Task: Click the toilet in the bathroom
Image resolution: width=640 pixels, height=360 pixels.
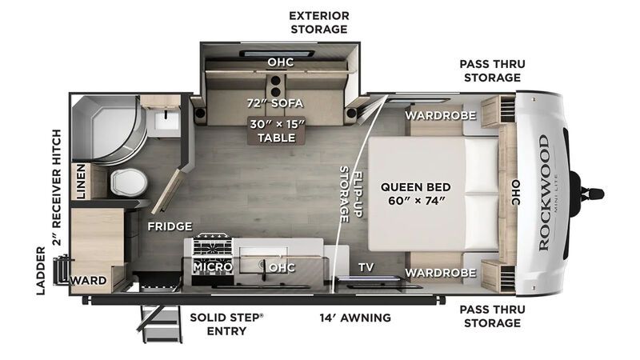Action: [x=129, y=182]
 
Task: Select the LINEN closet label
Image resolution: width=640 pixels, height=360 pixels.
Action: [x=82, y=182]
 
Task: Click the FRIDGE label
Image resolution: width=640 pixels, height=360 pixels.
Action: [x=170, y=226]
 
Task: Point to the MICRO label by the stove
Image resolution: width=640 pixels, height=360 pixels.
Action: [x=213, y=267]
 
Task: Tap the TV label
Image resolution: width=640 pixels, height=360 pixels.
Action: [x=366, y=267]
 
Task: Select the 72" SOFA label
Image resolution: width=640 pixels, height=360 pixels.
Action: [x=275, y=103]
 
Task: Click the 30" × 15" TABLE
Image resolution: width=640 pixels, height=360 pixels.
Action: [x=277, y=130]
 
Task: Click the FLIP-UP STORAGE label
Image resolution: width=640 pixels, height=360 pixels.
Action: [x=351, y=194]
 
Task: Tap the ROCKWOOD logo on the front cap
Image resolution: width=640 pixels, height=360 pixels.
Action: [x=544, y=193]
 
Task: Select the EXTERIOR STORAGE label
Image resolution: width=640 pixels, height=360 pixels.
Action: [x=319, y=22]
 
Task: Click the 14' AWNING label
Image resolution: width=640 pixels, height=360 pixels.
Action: [x=355, y=318]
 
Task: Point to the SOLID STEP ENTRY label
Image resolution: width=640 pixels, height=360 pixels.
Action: [x=226, y=324]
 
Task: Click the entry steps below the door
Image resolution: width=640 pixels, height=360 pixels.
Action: [x=161, y=323]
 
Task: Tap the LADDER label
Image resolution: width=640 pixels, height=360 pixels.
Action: [x=41, y=270]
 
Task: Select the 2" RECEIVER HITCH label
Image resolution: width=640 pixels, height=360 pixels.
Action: [x=57, y=187]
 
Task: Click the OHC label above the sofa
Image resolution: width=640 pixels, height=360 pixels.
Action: [x=281, y=62]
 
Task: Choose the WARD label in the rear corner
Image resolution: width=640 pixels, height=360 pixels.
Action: [x=88, y=281]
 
